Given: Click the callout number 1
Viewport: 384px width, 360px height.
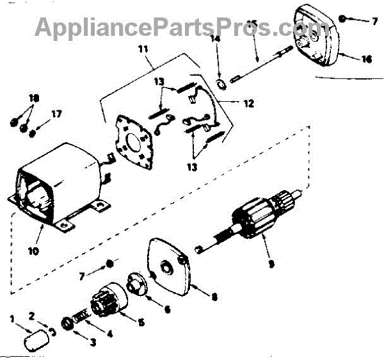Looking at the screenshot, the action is [12, 319].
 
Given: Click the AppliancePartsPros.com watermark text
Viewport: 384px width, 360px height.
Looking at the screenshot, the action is [182, 27].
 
